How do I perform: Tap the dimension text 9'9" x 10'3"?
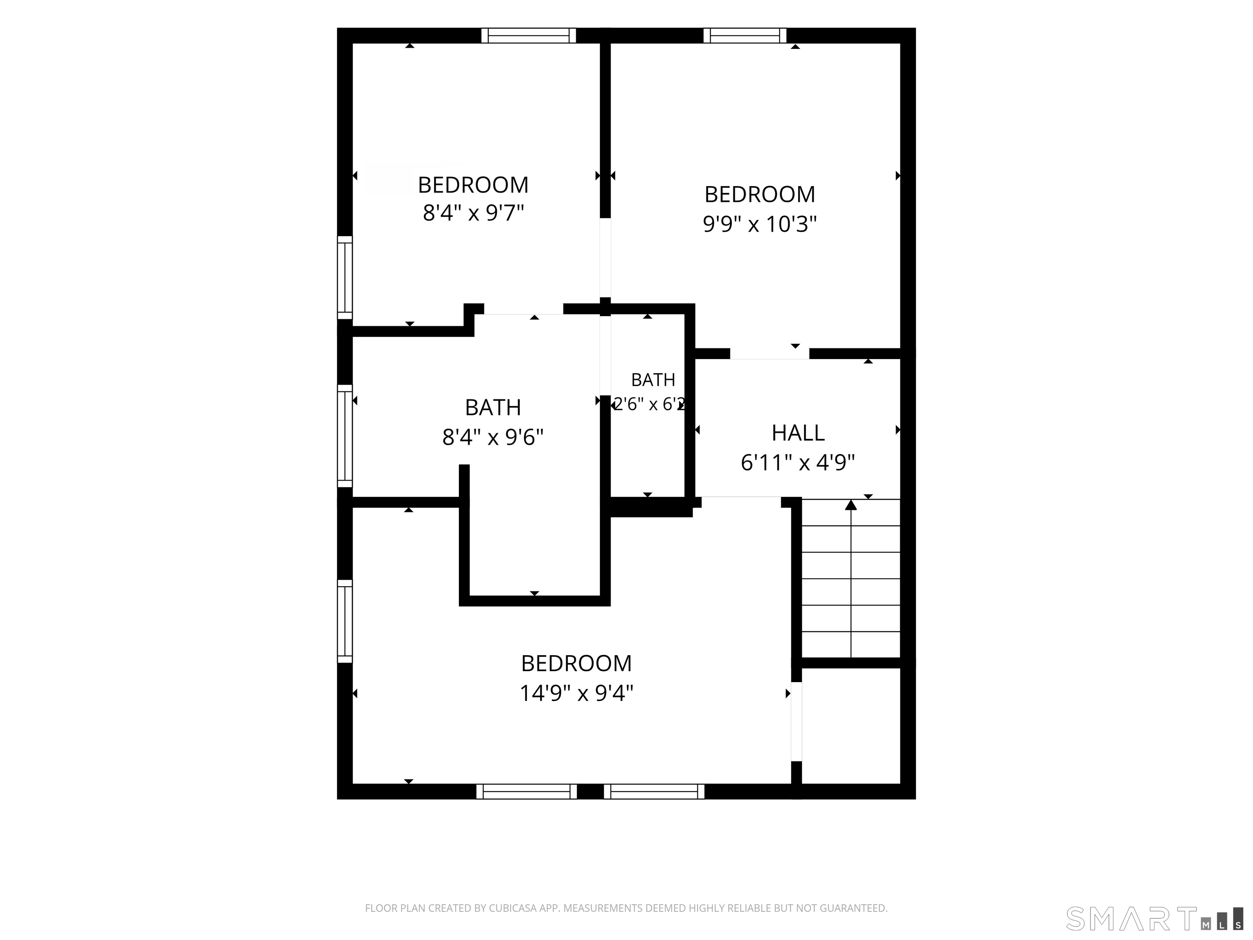(759, 224)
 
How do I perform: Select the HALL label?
(797, 433)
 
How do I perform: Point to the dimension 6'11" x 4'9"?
(797, 463)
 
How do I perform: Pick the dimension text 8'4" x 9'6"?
(493, 437)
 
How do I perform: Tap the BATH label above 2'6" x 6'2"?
(653, 379)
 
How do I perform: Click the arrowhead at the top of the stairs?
(851, 505)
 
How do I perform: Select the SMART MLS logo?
(1154, 918)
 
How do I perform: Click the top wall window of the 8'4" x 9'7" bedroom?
(529, 35)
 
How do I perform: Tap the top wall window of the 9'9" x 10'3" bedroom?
(745, 35)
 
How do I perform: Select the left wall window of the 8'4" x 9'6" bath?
(345, 436)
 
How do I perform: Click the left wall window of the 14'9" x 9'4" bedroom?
(345, 621)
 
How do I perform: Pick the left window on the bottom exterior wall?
(527, 791)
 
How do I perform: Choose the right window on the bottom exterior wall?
(654, 791)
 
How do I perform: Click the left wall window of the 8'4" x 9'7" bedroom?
(345, 278)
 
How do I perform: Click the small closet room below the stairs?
(851, 726)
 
